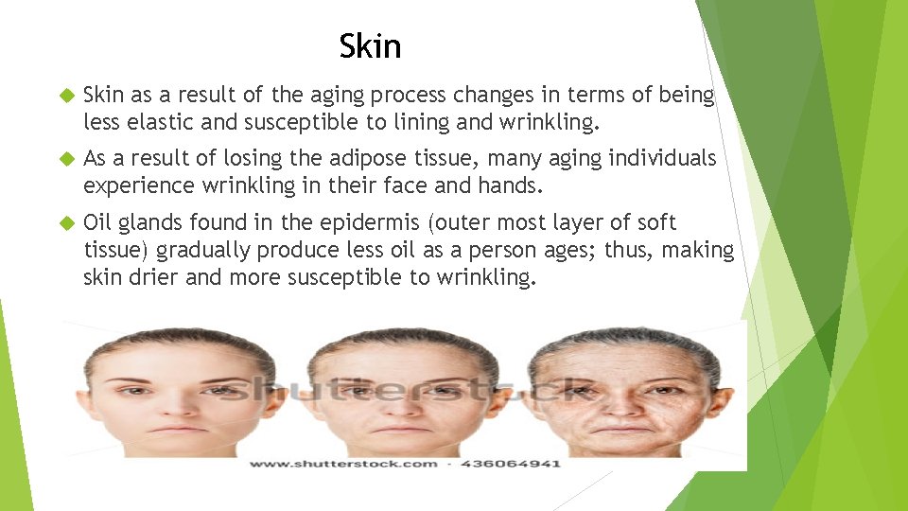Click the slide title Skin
click(370, 45)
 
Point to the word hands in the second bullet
click(514, 185)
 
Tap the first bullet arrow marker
click(65, 96)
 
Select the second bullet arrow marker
click(65, 159)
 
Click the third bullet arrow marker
click(65, 223)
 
